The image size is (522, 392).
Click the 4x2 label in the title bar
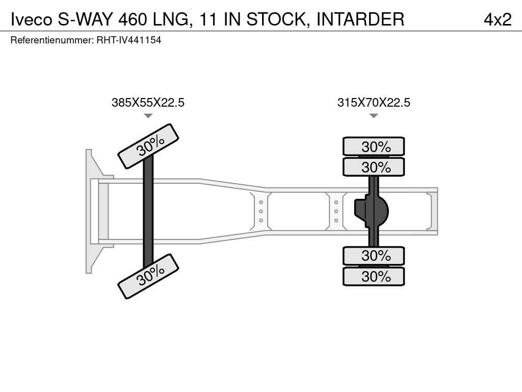click(497, 19)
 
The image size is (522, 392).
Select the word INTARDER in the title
click(360, 19)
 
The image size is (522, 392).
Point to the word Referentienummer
click(52, 40)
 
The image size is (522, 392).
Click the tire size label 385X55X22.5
click(148, 103)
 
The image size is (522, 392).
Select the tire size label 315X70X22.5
click(374, 103)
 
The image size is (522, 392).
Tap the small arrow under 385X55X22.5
click(148, 116)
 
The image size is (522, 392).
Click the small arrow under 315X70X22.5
click(374, 116)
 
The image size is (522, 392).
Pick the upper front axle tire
click(148, 146)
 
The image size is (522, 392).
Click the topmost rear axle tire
click(374, 146)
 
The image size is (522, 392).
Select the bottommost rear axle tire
click(374, 277)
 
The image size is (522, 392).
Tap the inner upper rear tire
click(374, 167)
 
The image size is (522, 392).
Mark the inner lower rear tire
click(374, 255)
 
